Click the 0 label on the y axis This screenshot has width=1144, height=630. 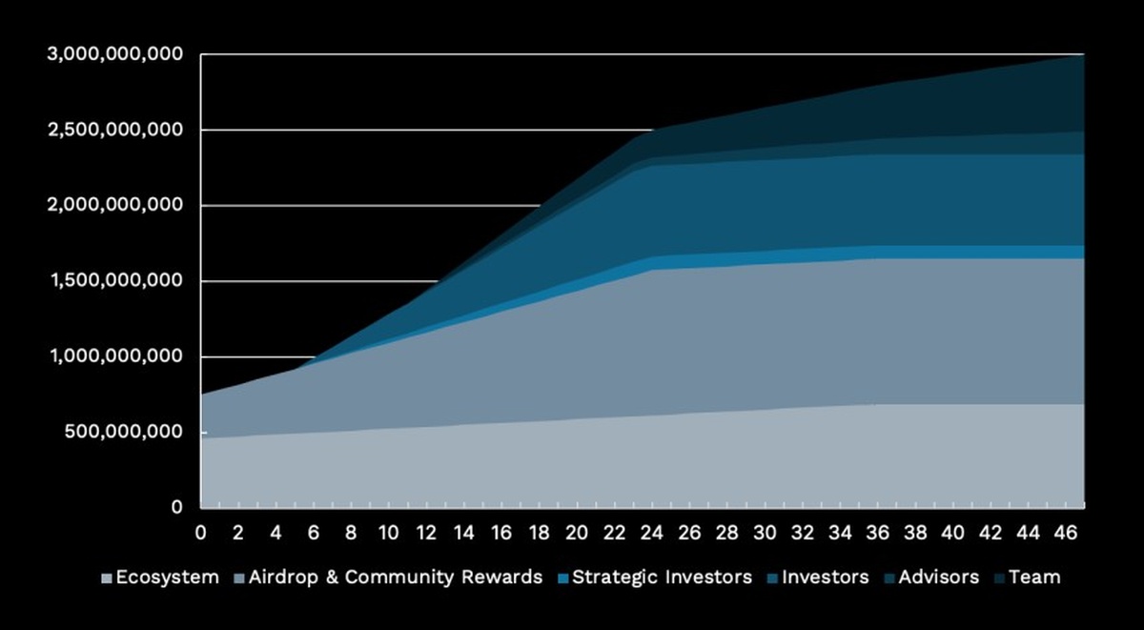[176, 508]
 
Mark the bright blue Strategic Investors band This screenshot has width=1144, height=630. [858, 253]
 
